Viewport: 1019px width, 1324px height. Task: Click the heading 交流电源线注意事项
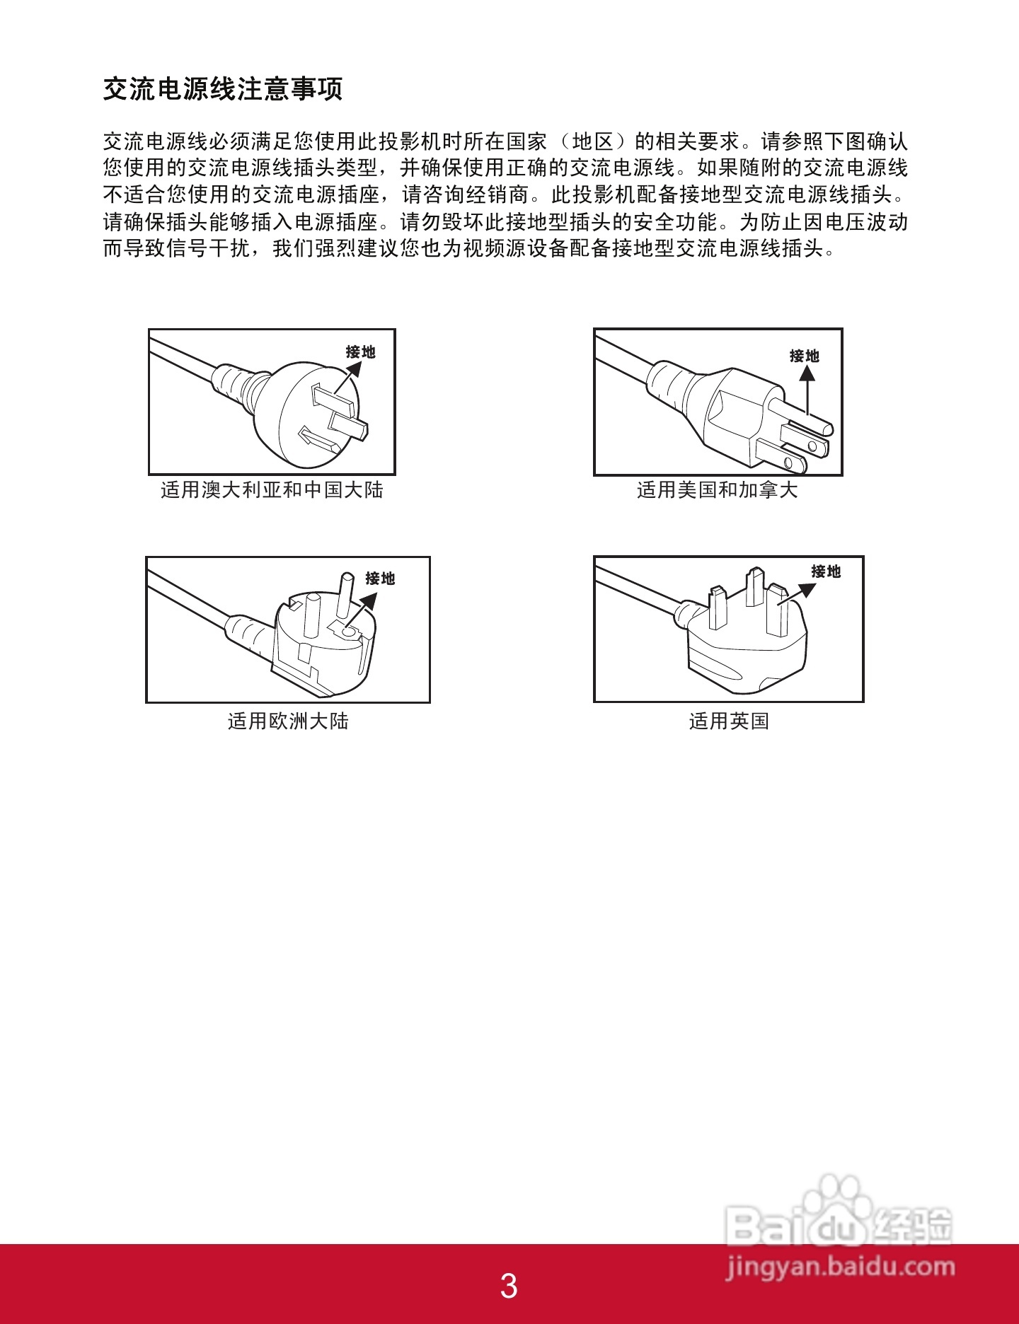coord(223,89)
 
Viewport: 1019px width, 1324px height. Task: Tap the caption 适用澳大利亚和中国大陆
coord(272,489)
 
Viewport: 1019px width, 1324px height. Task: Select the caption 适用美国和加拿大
coord(717,489)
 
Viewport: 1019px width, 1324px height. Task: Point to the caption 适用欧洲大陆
coord(288,721)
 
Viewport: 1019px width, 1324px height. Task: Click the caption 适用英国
coord(729,721)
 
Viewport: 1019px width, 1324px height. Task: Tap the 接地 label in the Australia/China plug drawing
coord(360,352)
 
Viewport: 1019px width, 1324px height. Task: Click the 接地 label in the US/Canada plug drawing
coord(805,356)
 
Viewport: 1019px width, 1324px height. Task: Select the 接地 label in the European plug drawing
coord(380,579)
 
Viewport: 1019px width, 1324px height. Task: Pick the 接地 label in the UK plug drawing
coord(826,571)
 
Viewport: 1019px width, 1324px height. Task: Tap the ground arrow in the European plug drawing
coord(363,608)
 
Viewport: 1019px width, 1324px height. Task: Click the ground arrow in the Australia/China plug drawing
coord(347,378)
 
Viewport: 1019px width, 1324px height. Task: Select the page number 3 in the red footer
coord(509,1285)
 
